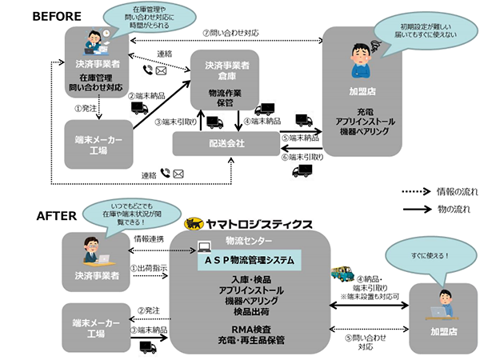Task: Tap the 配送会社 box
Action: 231,145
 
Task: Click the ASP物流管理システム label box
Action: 248,260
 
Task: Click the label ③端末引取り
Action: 174,122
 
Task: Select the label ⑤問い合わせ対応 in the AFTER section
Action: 365,342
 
